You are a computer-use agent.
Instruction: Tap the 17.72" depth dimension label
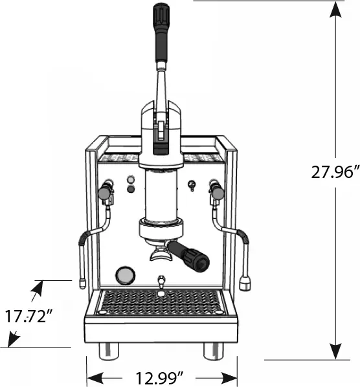28,317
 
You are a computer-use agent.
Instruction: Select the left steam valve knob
104,192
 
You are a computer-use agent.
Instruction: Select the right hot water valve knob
218,192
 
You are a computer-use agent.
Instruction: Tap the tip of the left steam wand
81,283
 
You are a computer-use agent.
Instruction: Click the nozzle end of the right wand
245,283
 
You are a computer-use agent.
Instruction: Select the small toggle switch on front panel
191,186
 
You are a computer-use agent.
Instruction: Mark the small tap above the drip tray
160,282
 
